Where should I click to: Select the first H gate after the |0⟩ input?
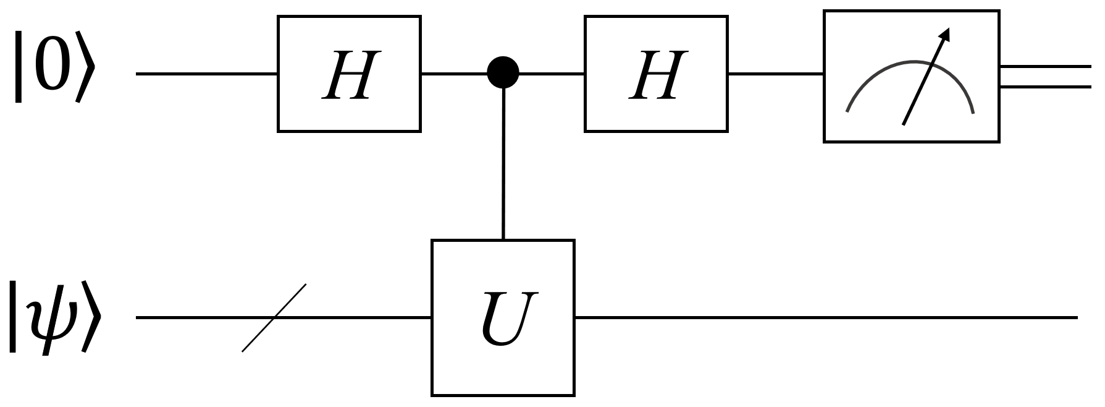[349, 74]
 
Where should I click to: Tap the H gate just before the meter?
[656, 74]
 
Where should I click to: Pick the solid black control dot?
[503, 74]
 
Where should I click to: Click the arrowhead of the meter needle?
[943, 35]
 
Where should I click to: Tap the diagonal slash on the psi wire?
[274, 317]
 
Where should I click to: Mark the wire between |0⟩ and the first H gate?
[207, 74]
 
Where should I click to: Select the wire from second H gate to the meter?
[775, 74]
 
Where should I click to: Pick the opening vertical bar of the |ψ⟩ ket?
[12, 317]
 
